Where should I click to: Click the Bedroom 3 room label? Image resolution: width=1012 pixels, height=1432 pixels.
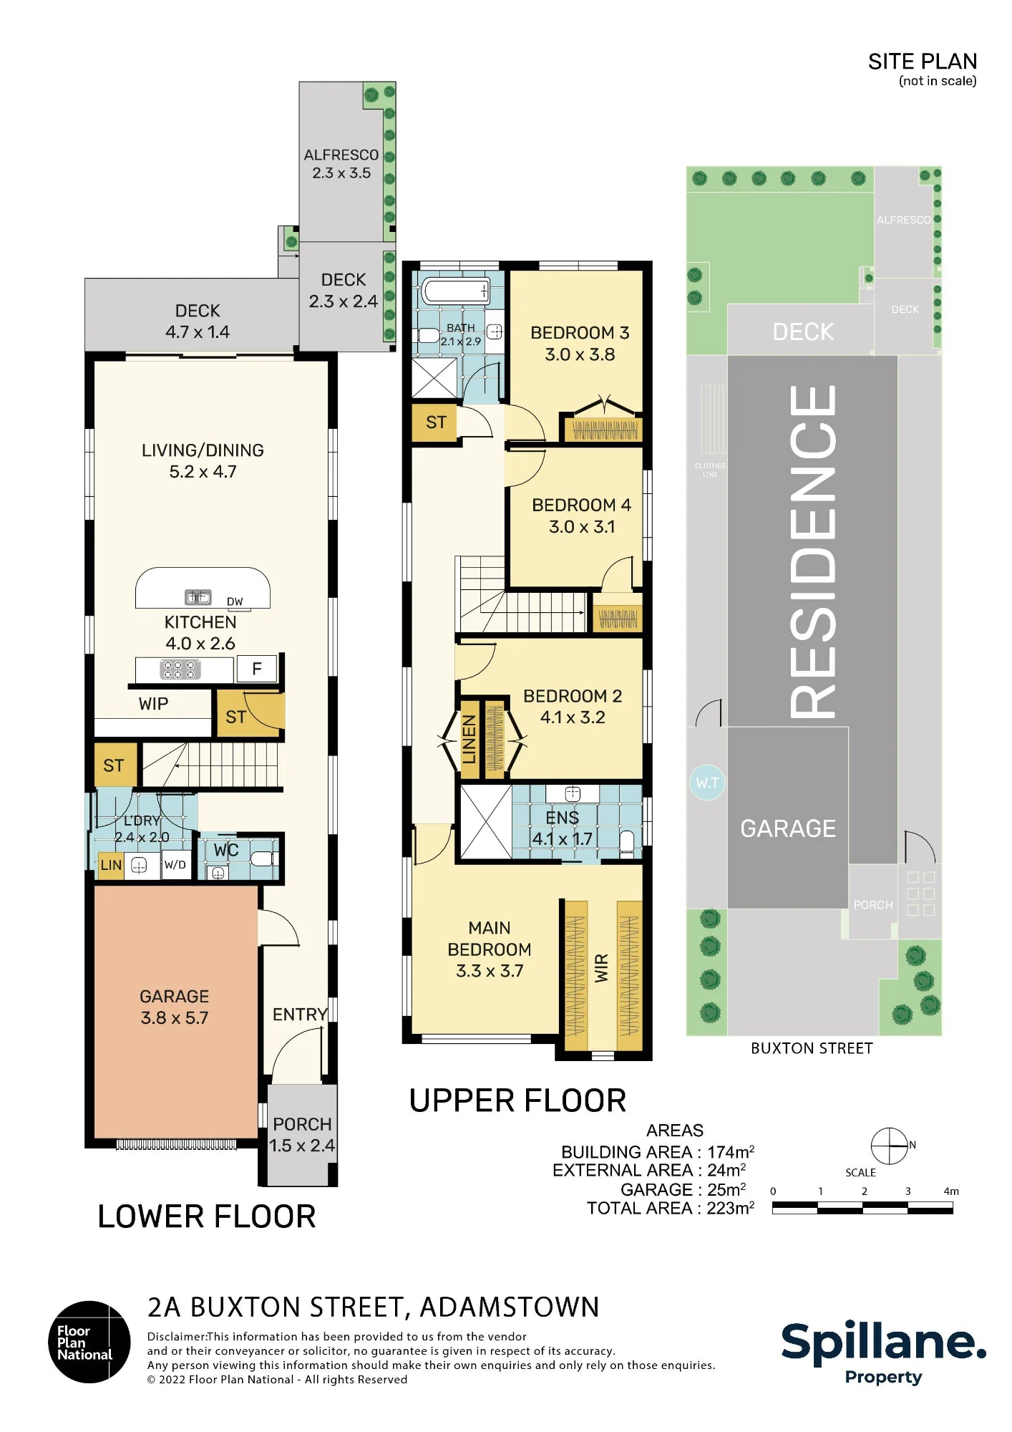pyautogui.click(x=580, y=344)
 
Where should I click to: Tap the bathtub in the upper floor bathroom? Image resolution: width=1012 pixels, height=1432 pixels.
pyautogui.click(x=456, y=291)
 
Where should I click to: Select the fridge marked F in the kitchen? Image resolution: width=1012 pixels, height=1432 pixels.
pyautogui.click(x=256, y=669)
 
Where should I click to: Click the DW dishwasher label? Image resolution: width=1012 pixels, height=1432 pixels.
pyautogui.click(x=235, y=601)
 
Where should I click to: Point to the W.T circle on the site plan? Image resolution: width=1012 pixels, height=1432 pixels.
pyautogui.click(x=707, y=783)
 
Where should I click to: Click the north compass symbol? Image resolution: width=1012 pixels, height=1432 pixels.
pyautogui.click(x=889, y=1146)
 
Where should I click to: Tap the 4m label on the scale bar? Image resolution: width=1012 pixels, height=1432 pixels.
pyautogui.click(x=951, y=1191)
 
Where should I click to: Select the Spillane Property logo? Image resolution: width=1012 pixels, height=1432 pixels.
pyautogui.click(x=884, y=1353)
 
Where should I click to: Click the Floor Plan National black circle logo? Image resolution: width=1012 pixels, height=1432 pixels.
pyautogui.click(x=89, y=1342)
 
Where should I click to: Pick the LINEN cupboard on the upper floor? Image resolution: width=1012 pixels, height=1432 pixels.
pyautogui.click(x=469, y=740)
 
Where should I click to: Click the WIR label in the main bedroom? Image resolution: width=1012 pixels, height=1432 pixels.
pyautogui.click(x=602, y=968)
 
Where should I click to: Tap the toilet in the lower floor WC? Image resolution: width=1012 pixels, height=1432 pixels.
pyautogui.click(x=261, y=858)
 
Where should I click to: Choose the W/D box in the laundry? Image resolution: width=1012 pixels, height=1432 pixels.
pyautogui.click(x=175, y=865)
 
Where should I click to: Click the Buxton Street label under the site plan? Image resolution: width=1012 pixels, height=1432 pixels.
pyautogui.click(x=812, y=1048)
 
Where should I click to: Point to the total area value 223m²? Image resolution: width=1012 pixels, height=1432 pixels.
pyautogui.click(x=731, y=1208)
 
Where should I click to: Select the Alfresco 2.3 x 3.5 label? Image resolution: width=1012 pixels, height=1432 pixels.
pyautogui.click(x=341, y=164)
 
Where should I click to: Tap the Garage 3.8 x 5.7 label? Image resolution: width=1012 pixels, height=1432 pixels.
pyautogui.click(x=175, y=1007)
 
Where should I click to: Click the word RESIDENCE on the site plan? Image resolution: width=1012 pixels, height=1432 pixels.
pyautogui.click(x=813, y=551)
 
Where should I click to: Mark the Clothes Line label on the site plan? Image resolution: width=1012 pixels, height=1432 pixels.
pyautogui.click(x=710, y=470)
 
